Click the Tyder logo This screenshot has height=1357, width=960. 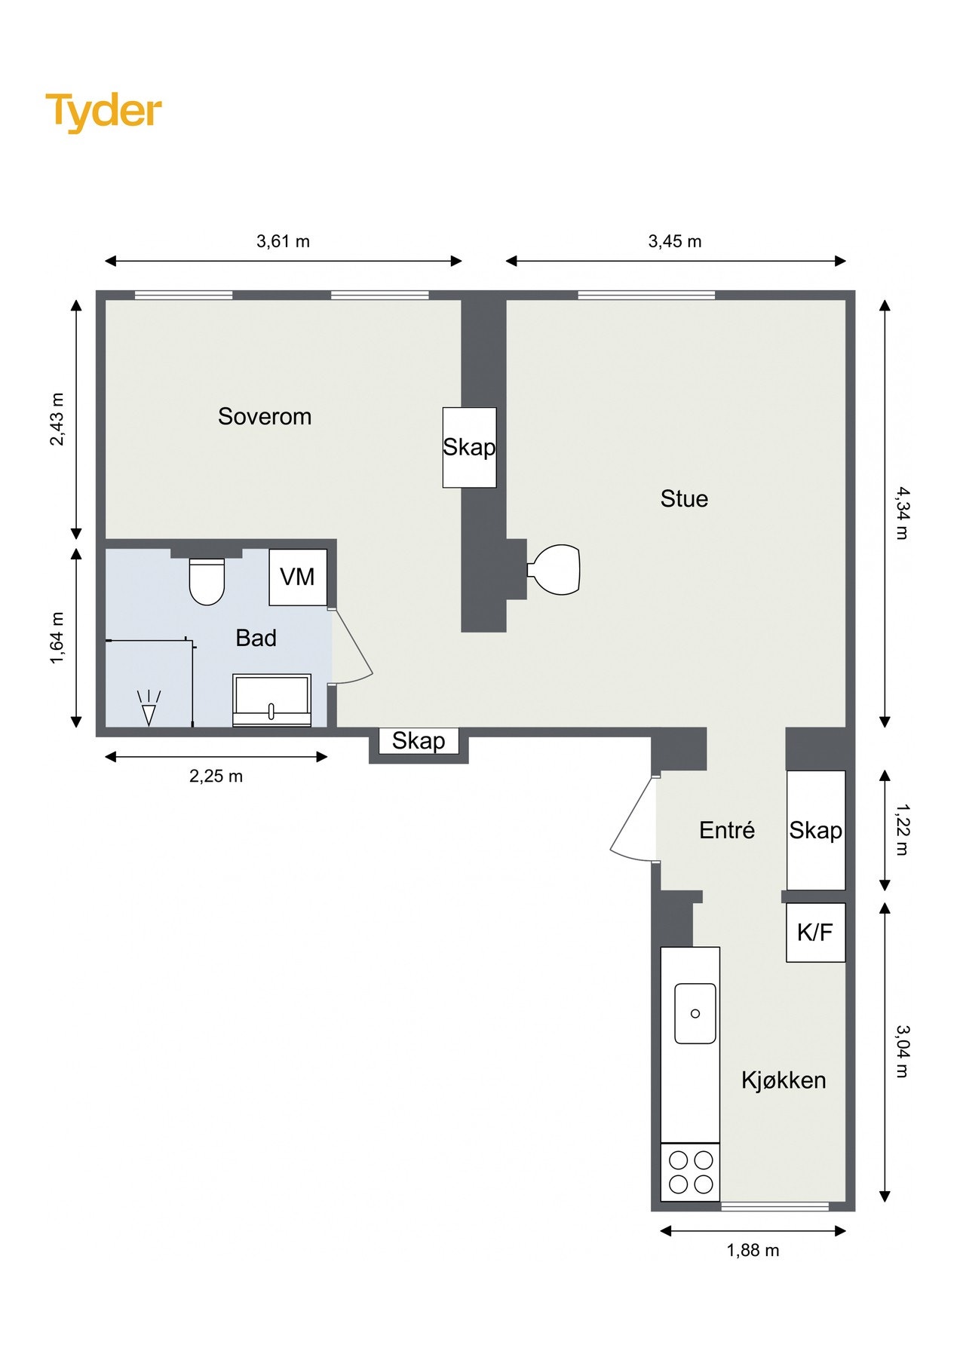(103, 112)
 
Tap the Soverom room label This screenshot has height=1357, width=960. (265, 416)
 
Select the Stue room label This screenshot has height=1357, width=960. (684, 498)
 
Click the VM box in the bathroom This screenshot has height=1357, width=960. (298, 577)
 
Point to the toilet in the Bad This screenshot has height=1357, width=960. (207, 581)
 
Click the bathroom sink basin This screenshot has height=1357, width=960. (271, 700)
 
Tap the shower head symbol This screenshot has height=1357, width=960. (149, 708)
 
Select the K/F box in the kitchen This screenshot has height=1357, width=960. (815, 933)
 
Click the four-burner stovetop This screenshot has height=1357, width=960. (690, 1172)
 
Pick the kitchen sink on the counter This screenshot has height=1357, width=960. (695, 1013)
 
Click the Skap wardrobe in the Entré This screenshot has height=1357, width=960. (816, 830)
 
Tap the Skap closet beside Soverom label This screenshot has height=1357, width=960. (469, 447)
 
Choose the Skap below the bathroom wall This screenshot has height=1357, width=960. (419, 740)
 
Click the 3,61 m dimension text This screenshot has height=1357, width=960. (284, 241)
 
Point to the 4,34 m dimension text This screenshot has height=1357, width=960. (902, 513)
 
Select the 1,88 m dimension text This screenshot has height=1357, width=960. (753, 1250)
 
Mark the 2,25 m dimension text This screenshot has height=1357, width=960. (216, 776)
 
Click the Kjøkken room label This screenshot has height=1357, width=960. (784, 1080)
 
